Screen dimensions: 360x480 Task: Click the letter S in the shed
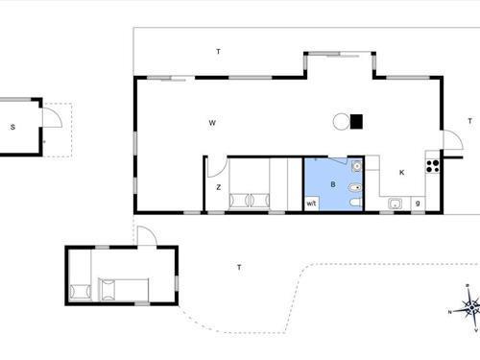click(x=13, y=127)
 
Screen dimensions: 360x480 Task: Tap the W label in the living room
click(x=211, y=122)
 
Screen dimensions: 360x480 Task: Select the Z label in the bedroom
click(x=219, y=187)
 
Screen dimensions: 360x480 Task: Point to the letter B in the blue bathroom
click(x=332, y=182)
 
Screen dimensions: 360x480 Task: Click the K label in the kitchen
click(x=401, y=173)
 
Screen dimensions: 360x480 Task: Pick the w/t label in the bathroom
click(x=312, y=204)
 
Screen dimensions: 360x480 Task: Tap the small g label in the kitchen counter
click(x=418, y=204)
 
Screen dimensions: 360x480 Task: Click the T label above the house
click(x=218, y=51)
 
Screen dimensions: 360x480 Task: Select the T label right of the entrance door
click(x=469, y=121)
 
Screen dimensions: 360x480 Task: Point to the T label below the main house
click(x=238, y=267)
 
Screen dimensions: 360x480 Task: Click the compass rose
click(x=468, y=308)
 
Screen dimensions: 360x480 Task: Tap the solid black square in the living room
click(x=356, y=121)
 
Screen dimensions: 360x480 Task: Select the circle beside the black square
click(x=340, y=121)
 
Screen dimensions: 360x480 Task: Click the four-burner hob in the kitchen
click(x=432, y=165)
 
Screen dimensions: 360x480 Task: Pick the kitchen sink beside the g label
click(x=395, y=203)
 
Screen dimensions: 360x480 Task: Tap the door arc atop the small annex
click(x=144, y=235)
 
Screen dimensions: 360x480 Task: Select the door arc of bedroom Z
click(x=218, y=164)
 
